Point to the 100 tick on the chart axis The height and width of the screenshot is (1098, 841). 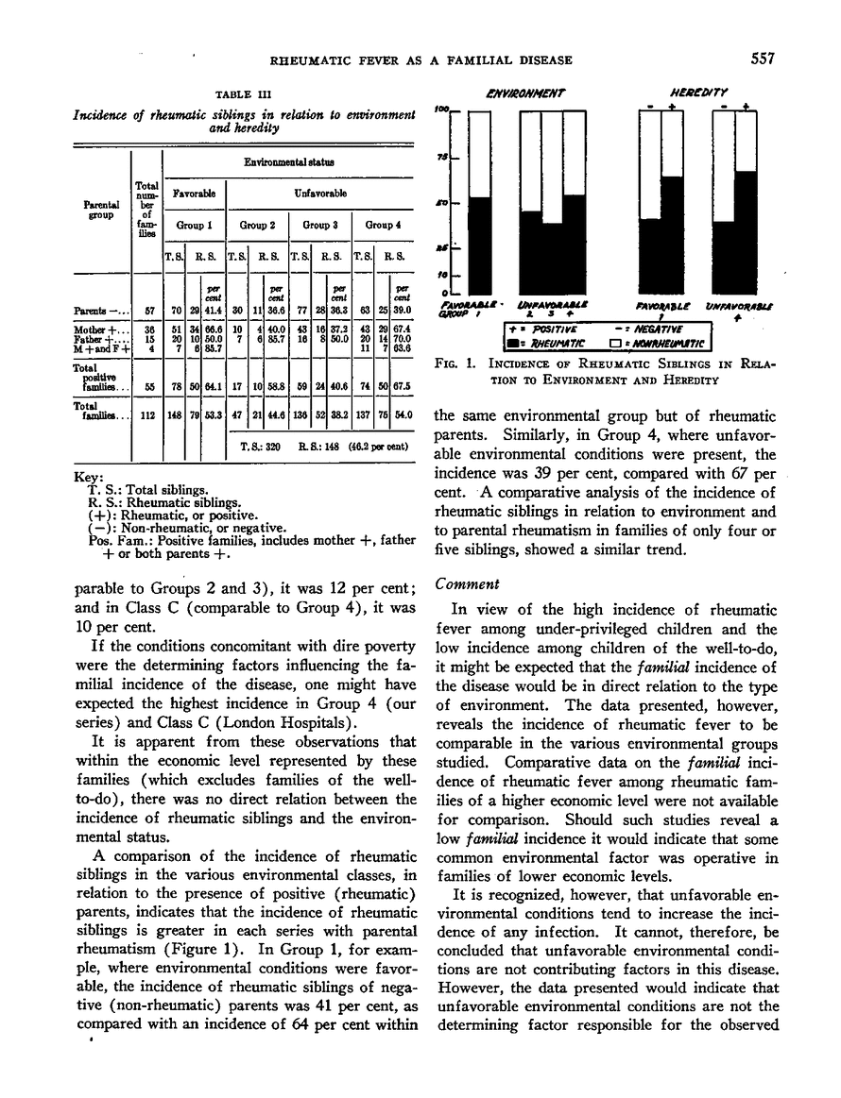coord(440,110)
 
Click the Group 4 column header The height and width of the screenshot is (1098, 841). coord(380,227)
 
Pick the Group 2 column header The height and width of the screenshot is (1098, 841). coord(256,227)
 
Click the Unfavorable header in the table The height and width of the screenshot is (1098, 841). coord(318,193)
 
